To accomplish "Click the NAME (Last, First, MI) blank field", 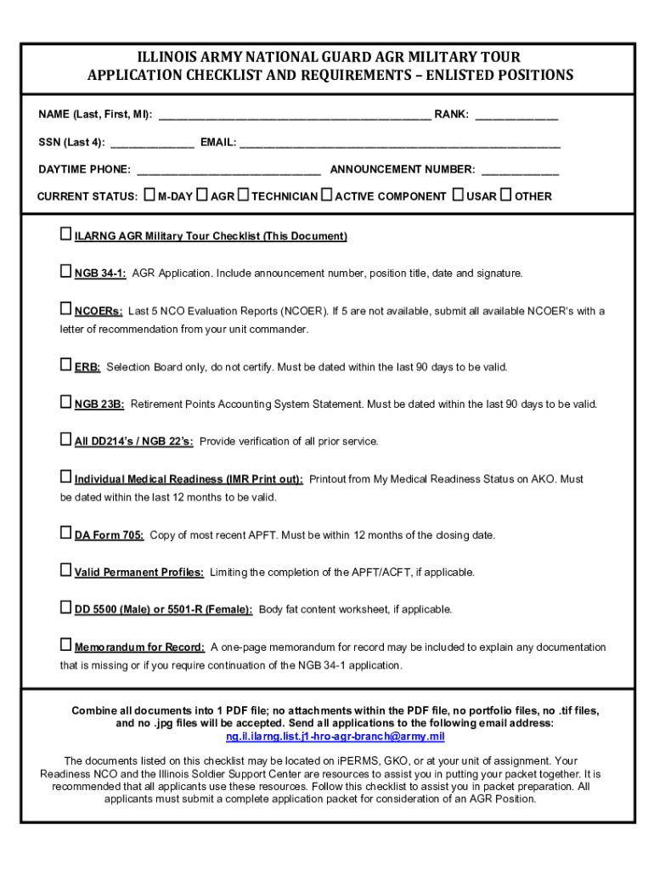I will (x=295, y=115).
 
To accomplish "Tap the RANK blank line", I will (x=516, y=115).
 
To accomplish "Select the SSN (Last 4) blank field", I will (x=152, y=143).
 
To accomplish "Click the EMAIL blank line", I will (x=399, y=143).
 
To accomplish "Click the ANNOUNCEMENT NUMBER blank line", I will (x=520, y=170).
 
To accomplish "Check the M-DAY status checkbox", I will (x=149, y=195).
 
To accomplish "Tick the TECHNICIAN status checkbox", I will (x=243, y=195).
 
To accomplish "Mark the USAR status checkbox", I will (x=459, y=195).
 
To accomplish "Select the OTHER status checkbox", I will (x=506, y=195).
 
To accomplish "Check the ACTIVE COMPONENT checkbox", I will (x=327, y=195).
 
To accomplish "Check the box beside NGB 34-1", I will (x=66, y=272).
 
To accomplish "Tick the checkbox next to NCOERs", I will (x=66, y=309).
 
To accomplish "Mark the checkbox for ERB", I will (x=66, y=365).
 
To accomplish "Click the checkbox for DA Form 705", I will (x=66, y=534).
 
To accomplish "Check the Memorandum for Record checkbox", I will (x=66, y=645).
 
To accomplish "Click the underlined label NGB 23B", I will (x=99, y=404).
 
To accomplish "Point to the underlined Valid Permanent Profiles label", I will (x=138, y=573).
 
